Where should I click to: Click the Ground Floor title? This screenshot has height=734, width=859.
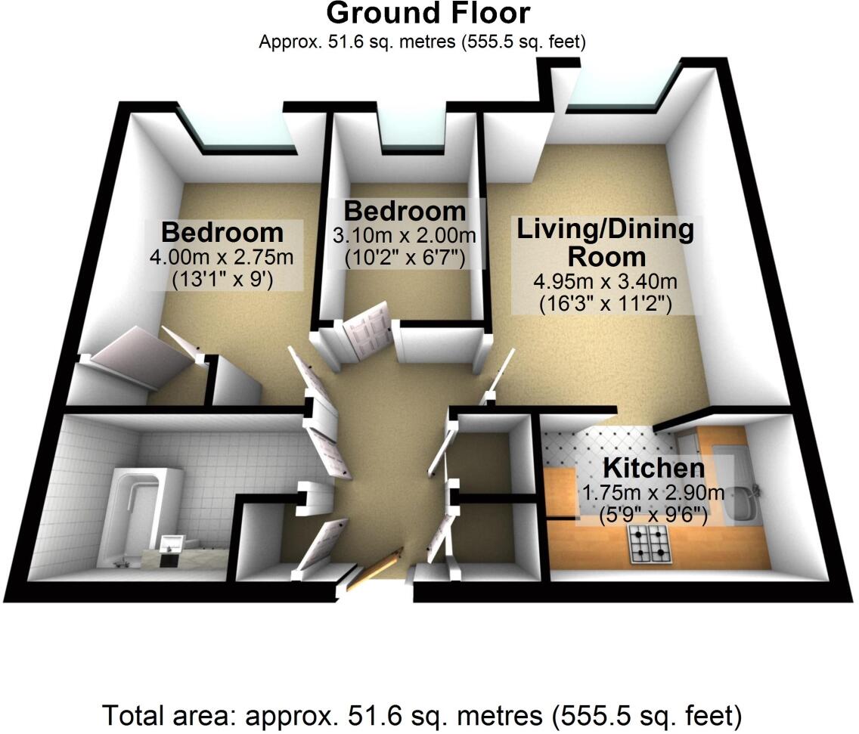[x=428, y=14]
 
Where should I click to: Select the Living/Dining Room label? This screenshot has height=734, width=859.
[x=605, y=242]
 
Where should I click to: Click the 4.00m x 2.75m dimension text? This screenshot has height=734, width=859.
[x=222, y=258]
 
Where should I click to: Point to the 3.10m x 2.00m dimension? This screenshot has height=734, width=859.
[x=405, y=236]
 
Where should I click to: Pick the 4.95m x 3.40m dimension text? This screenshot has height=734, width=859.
[x=605, y=283]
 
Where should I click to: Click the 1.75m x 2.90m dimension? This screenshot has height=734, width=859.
[x=653, y=494]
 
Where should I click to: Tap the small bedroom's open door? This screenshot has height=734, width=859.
[x=367, y=327]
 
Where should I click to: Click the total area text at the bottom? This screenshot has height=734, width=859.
[x=421, y=714]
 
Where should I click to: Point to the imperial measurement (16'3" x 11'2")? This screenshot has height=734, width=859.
[x=605, y=304]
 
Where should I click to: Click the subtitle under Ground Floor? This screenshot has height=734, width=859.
[x=423, y=42]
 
